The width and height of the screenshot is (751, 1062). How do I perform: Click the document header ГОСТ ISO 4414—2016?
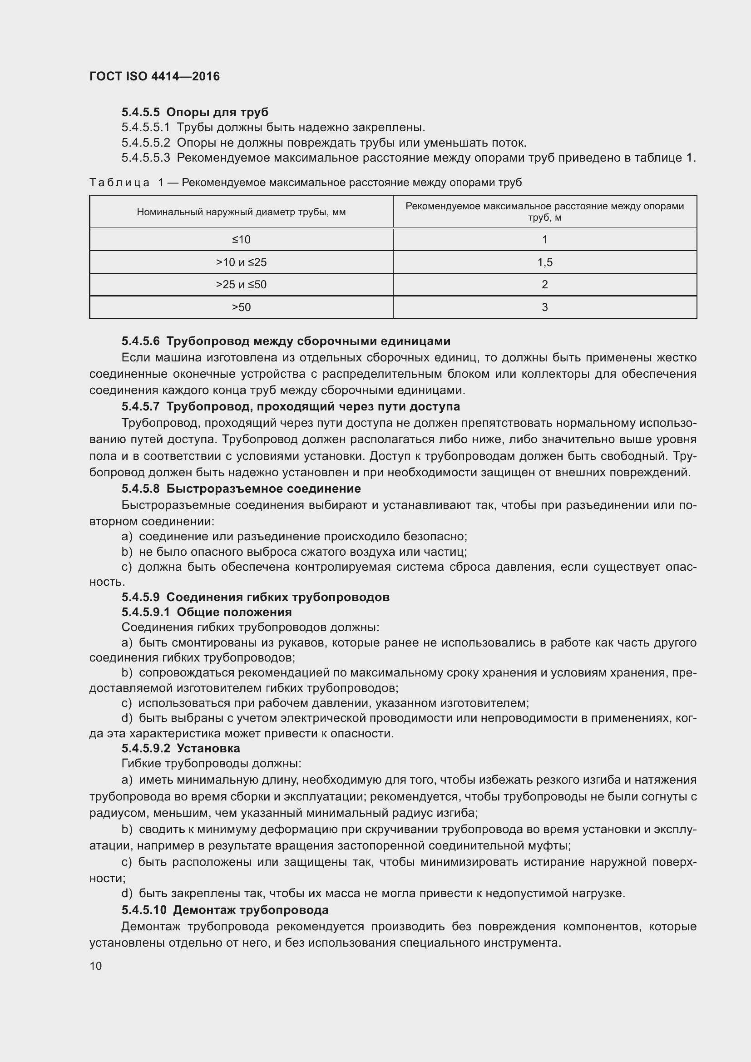pos(154,76)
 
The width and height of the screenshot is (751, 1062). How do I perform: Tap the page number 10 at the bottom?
pos(96,966)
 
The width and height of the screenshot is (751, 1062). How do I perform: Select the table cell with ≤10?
pos(241,240)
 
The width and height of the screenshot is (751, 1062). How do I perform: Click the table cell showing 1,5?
pos(545,262)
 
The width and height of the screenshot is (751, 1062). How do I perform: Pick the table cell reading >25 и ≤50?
pos(241,285)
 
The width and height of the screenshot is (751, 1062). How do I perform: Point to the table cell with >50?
pos(241,307)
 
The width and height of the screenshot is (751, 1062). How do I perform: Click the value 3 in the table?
pos(545,307)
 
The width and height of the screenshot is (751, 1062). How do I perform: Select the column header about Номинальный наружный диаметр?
pos(241,212)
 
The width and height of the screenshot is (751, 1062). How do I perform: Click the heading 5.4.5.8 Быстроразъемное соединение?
pos(241,489)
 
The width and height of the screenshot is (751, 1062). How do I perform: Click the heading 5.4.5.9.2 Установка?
pos(180,748)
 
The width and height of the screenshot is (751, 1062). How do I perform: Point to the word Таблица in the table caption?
pos(119,183)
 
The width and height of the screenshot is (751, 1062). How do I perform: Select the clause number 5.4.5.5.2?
pos(146,143)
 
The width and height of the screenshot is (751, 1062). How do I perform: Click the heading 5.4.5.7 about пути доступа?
pos(291,406)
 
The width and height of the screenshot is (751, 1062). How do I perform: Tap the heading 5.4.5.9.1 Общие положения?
pos(206,613)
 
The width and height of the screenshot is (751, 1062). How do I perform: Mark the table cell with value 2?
pos(545,285)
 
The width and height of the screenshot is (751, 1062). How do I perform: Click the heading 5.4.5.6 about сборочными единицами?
pos(286,341)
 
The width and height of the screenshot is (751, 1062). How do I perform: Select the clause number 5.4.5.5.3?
pos(146,158)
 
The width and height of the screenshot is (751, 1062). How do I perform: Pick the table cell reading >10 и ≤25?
pos(241,262)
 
